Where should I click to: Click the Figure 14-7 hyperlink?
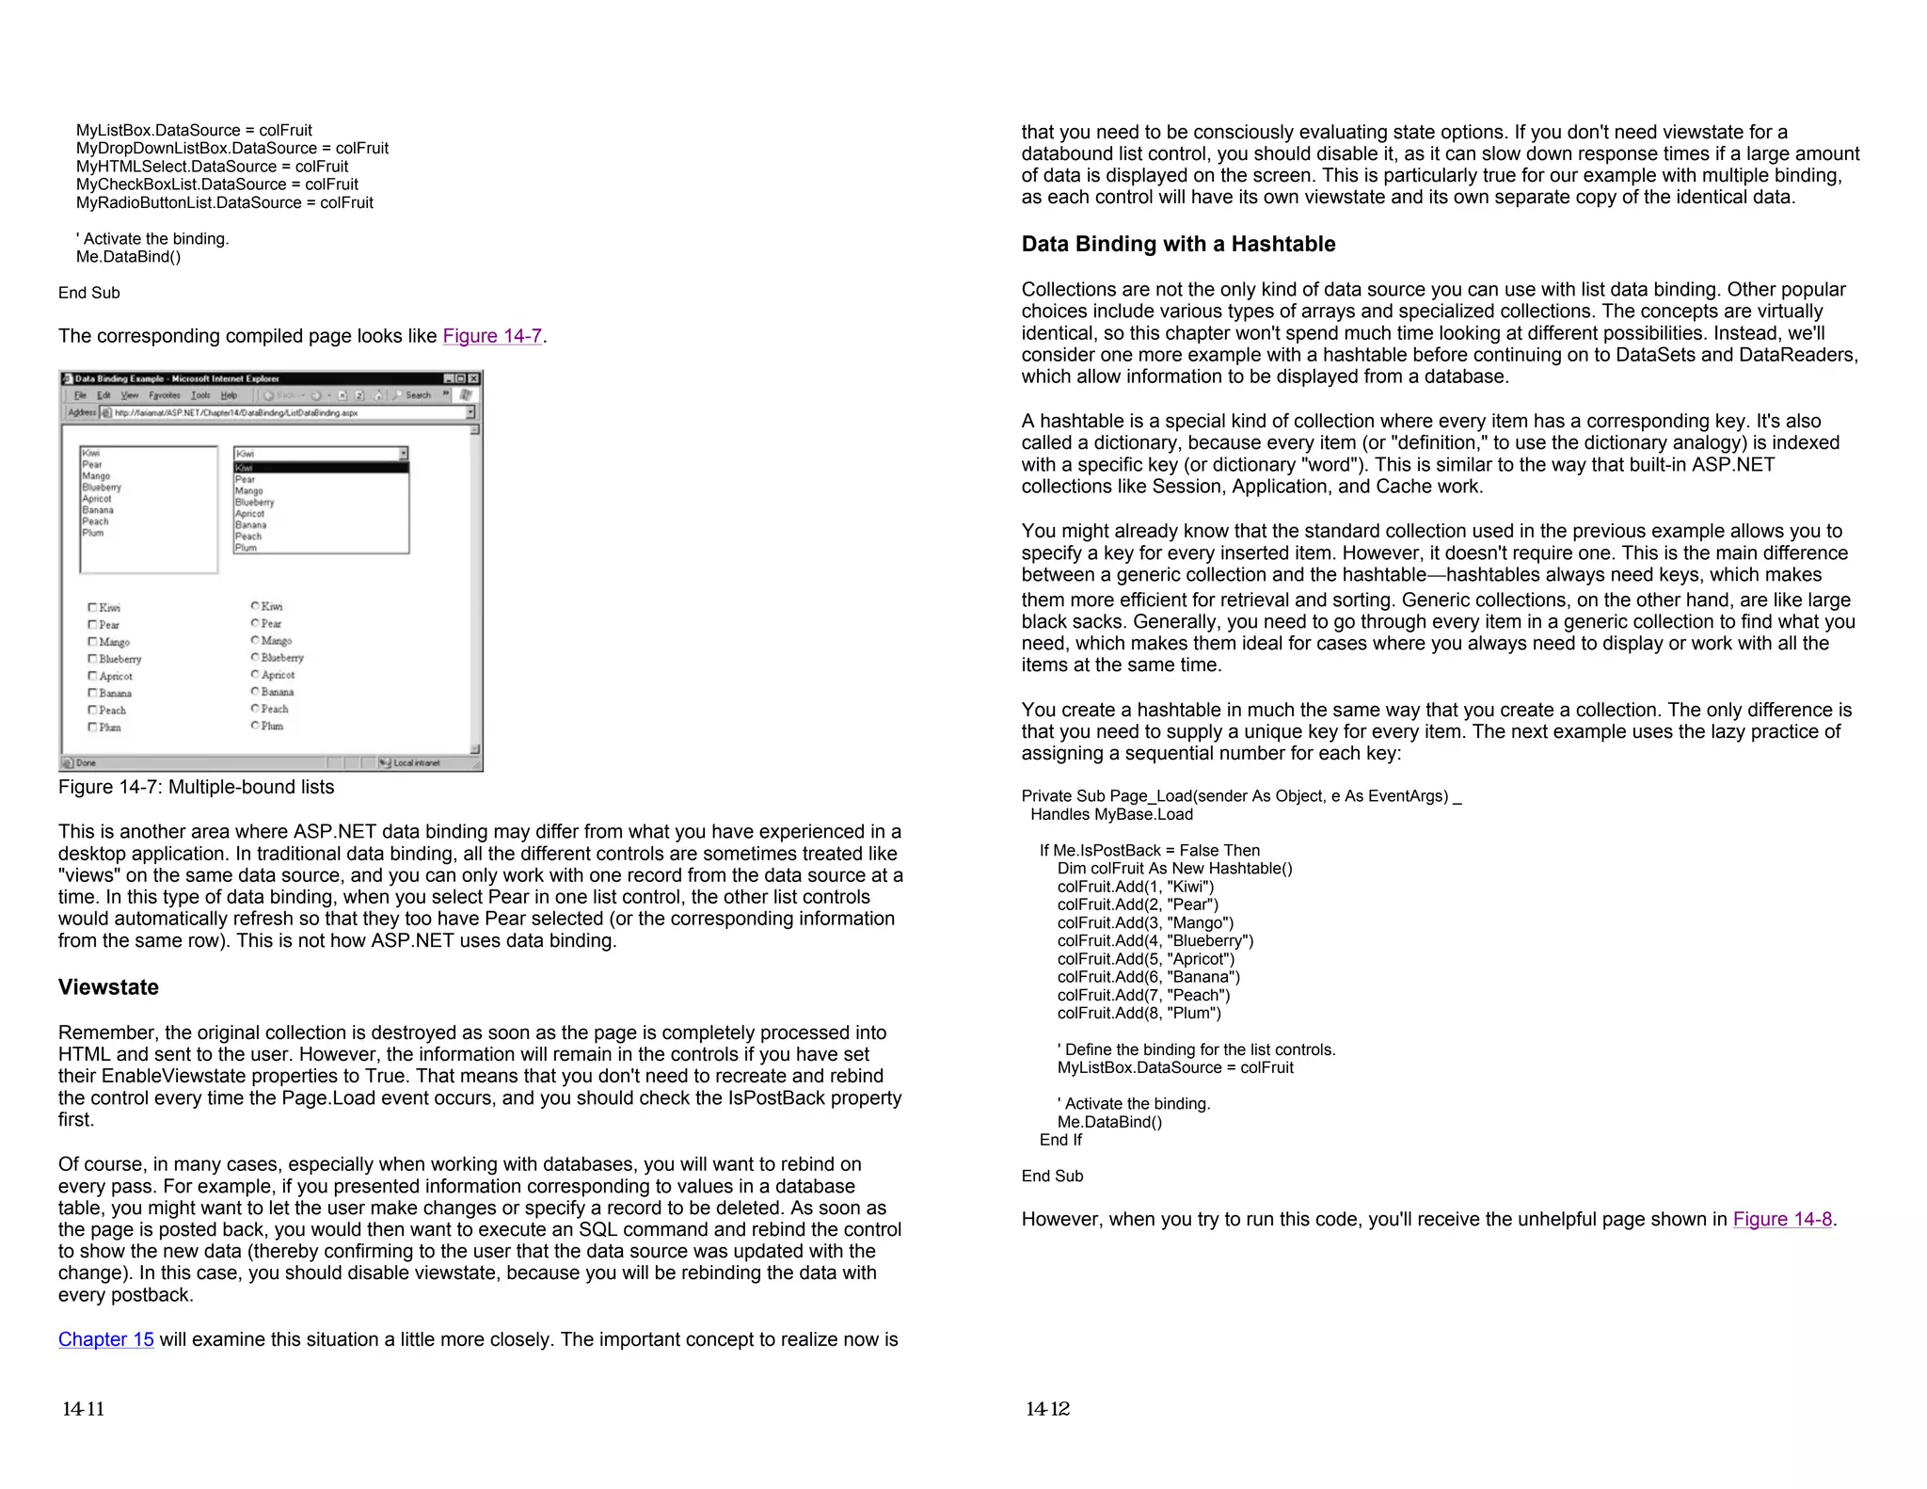[x=492, y=336]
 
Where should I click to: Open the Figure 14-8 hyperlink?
[x=1782, y=1219]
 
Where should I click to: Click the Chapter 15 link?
[x=105, y=1339]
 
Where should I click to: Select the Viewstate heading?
[x=108, y=987]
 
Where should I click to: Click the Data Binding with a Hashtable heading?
[x=1178, y=244]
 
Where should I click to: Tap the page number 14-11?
[x=83, y=1409]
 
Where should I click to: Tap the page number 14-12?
[x=1047, y=1409]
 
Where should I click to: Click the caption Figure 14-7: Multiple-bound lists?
[x=196, y=787]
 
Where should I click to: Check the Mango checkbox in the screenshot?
[x=92, y=642]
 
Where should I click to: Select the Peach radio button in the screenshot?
[x=255, y=709]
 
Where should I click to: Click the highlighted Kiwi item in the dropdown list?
[x=320, y=468]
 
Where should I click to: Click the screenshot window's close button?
[x=473, y=378]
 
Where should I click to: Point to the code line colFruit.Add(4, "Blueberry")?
[x=1155, y=941]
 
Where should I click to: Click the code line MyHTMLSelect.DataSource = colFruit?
[x=212, y=167]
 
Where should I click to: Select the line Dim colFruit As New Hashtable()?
[x=1174, y=869]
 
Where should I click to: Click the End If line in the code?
[x=1060, y=1140]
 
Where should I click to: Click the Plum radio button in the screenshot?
[x=255, y=726]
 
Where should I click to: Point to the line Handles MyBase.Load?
[x=1110, y=814]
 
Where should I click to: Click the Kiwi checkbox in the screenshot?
[x=92, y=608]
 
